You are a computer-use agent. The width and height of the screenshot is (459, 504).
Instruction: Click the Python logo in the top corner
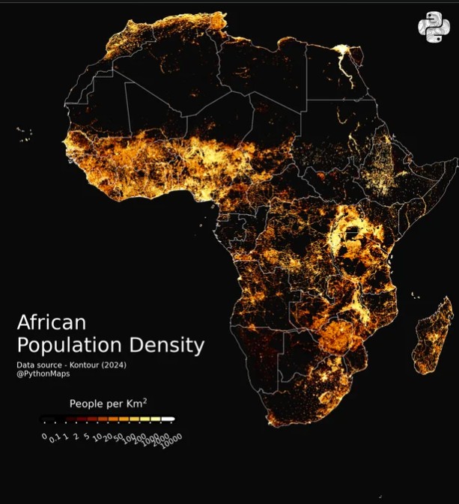(434, 28)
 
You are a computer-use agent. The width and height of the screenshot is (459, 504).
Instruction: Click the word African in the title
(51, 323)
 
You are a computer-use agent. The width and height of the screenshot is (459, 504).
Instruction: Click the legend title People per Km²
(108, 404)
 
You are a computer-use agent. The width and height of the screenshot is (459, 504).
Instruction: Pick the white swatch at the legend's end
(168, 419)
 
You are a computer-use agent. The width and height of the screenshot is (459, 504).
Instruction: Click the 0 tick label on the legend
(44, 435)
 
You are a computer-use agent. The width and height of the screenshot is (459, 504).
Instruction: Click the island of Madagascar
(434, 337)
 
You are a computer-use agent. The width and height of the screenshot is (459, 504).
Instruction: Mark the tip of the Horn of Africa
(455, 160)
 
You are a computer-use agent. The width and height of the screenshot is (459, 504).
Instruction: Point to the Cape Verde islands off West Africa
(25, 135)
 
